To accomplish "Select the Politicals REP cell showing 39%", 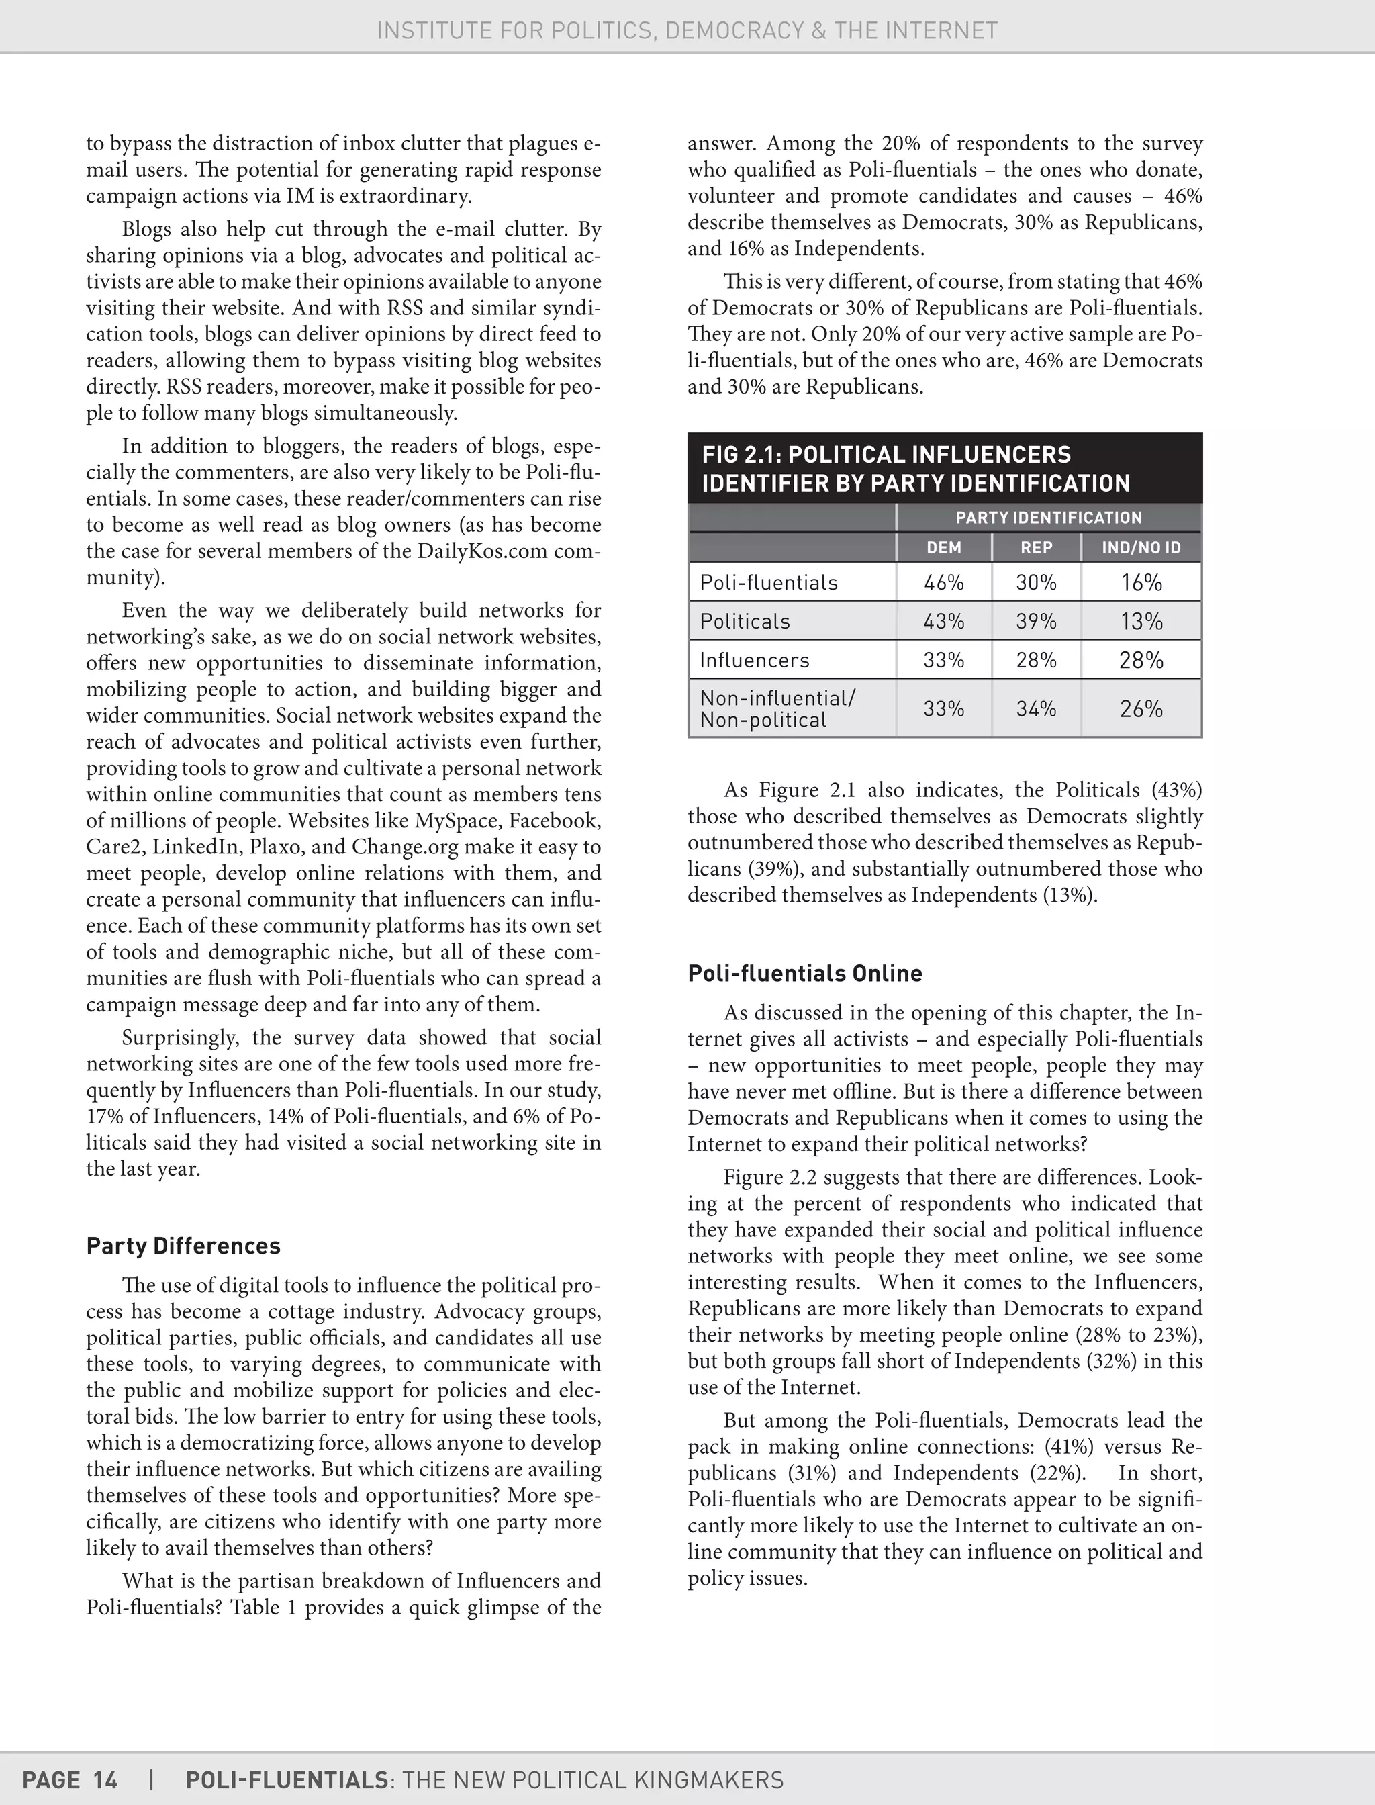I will point(1035,621).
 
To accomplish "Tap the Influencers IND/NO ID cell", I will point(1141,660).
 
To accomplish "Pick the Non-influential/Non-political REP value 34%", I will point(1035,708).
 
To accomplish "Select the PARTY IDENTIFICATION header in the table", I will point(1049,517).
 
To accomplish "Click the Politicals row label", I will point(744,621).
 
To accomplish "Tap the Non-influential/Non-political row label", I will point(777,709).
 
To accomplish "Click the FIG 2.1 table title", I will point(915,468).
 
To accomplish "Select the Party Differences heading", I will point(183,1245).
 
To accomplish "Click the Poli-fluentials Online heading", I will point(804,972).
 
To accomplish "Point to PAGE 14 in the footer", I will point(70,1779).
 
